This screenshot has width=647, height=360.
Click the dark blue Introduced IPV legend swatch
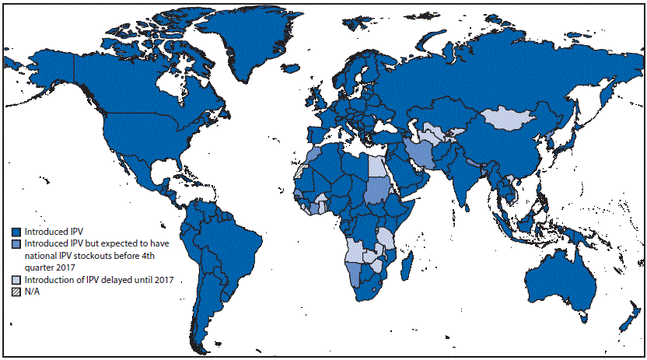[x=16, y=232]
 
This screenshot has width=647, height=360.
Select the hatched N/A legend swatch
[x=16, y=292]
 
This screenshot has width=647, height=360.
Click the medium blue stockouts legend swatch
[x=16, y=244]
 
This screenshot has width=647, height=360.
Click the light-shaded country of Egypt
[x=376, y=165]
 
